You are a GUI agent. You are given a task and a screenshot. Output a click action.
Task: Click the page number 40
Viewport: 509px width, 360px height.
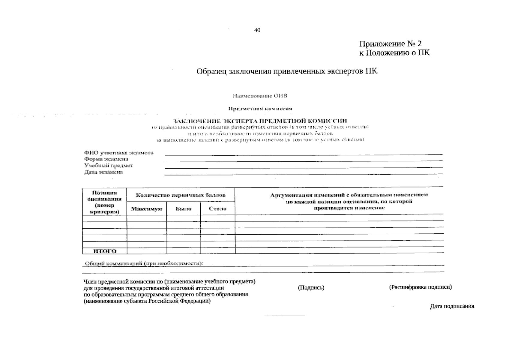coord(257,30)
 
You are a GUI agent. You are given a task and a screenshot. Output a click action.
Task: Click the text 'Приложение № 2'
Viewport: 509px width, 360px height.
coord(390,44)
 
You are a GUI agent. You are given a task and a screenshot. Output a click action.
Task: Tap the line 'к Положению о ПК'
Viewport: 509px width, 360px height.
coord(394,53)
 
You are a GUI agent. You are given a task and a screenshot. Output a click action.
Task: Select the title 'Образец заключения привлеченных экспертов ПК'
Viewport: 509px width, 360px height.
coord(286,71)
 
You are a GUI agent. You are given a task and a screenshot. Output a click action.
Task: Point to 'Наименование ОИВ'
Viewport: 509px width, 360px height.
coord(260,96)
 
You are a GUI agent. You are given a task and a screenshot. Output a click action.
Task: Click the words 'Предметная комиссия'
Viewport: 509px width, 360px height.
coord(260,109)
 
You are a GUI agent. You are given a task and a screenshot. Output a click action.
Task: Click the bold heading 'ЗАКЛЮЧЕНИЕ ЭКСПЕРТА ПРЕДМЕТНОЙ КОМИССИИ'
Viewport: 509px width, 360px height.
coord(260,121)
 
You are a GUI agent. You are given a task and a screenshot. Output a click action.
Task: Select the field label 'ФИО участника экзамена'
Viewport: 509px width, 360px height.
coord(119,153)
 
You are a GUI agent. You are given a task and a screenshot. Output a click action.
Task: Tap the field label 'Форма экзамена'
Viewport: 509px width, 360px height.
coord(106,159)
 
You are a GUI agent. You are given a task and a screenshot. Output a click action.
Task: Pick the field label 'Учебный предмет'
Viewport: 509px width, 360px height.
coord(108,166)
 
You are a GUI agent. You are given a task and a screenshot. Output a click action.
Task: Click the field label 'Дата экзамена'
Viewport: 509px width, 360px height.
coord(103,172)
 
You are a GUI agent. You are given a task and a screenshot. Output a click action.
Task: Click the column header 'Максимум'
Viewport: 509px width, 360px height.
coord(146,209)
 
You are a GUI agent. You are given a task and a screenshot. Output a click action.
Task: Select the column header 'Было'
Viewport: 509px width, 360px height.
coord(183,209)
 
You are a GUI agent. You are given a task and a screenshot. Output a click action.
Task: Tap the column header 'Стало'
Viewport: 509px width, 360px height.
coord(217,209)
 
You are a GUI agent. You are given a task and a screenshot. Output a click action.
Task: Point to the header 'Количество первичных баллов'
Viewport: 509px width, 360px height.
coord(181,195)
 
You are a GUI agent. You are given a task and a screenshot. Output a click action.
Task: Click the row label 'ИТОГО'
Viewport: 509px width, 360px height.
coord(105,251)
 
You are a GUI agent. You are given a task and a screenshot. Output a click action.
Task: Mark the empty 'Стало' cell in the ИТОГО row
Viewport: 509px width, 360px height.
coord(217,251)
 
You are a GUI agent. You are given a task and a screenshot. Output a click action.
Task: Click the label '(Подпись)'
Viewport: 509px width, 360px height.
coord(311,288)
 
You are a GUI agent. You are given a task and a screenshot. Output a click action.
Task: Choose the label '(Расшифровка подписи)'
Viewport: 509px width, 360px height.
coord(420,287)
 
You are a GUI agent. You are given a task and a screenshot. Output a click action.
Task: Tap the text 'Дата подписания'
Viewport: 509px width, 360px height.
coord(452,306)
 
